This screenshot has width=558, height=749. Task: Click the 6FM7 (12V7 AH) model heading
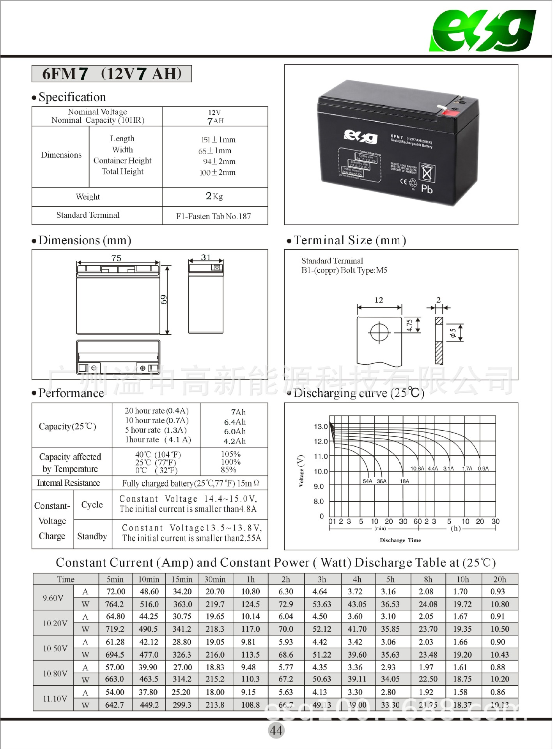click(112, 74)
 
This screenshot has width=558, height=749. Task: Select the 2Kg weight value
click(214, 196)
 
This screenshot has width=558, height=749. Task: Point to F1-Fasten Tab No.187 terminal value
click(213, 216)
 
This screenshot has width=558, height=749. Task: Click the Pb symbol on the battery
click(427, 189)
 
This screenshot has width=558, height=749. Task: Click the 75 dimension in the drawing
click(116, 258)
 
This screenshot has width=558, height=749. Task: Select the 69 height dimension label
click(164, 300)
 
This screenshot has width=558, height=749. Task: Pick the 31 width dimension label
click(205, 257)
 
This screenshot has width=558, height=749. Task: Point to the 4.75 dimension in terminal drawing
click(409, 325)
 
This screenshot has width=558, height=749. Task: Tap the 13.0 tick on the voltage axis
click(321, 426)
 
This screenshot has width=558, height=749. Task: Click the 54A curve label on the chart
click(367, 481)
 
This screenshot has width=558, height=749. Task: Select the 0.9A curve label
click(483, 469)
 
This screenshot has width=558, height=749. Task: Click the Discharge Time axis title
click(400, 540)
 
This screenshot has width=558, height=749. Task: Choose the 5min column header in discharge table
click(115, 579)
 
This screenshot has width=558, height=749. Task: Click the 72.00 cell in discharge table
click(116, 592)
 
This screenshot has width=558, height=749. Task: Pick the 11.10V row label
click(55, 698)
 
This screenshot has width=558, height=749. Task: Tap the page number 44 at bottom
click(276, 730)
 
